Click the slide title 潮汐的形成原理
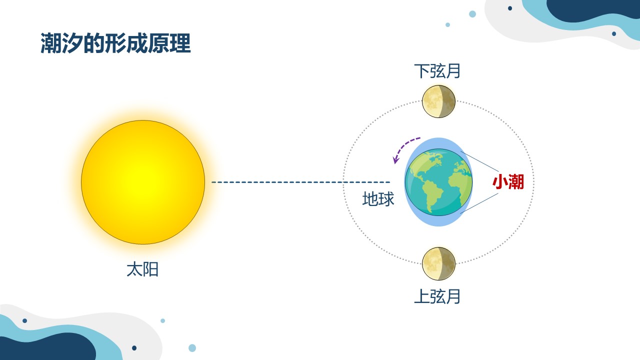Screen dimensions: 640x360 coord(115,43)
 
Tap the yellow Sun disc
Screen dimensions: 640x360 coord(143,182)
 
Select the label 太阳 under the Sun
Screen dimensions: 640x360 coord(142,269)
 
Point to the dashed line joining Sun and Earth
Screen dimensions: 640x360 coord(301,182)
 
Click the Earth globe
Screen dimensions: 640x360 coord(438,182)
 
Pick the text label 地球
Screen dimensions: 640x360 coord(378,199)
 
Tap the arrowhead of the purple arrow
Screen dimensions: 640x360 coord(395,161)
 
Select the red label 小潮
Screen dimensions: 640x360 coord(508,182)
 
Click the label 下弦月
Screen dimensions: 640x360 coord(437,71)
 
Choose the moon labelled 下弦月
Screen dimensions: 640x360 coord(438,101)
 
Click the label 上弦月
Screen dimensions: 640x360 coord(437,296)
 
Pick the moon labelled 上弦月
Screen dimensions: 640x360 coord(438,263)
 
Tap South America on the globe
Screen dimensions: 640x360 coord(432,195)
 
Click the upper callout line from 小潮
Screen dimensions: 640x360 coord(479,161)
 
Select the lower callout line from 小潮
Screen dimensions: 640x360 coord(479,203)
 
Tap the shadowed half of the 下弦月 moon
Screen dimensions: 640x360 coord(447,101)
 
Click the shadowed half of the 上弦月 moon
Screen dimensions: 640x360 coord(447,263)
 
